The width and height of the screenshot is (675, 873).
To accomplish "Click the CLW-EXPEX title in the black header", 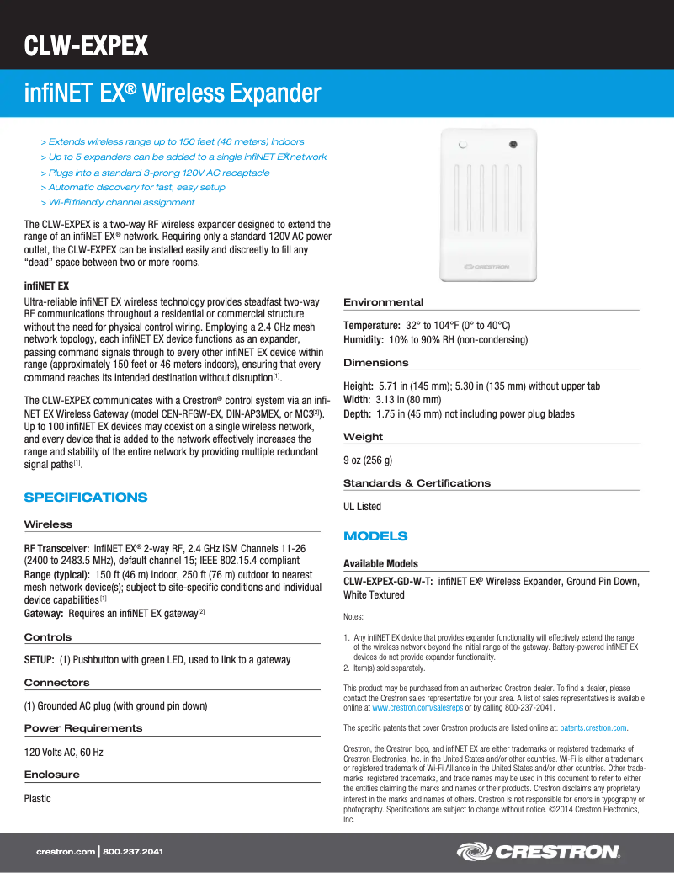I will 86,45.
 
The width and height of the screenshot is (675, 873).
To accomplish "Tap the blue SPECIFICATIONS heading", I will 86,498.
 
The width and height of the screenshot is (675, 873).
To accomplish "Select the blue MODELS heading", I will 375,536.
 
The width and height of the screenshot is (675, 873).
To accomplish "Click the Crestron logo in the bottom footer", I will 538,852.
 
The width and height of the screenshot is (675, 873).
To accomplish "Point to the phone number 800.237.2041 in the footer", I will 133,853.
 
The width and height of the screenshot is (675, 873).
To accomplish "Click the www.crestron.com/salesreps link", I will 411,708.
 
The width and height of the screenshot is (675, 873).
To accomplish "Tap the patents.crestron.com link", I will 593,727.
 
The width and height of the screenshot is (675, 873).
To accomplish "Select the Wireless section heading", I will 48,524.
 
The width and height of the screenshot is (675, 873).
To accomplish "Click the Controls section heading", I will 48,637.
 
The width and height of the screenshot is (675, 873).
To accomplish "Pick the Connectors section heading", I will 56,683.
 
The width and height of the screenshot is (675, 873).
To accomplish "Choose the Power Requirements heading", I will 83,728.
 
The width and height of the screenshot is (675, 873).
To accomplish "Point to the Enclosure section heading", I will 52,775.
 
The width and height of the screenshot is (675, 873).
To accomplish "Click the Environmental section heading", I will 383,302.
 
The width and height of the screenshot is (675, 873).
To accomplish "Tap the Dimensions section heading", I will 375,363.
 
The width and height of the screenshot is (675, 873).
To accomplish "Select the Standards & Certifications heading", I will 417,483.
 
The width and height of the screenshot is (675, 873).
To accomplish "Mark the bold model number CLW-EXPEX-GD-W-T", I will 388,581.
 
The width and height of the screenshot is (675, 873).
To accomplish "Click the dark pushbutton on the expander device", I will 513,145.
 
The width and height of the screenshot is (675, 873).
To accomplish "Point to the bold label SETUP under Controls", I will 40,660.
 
